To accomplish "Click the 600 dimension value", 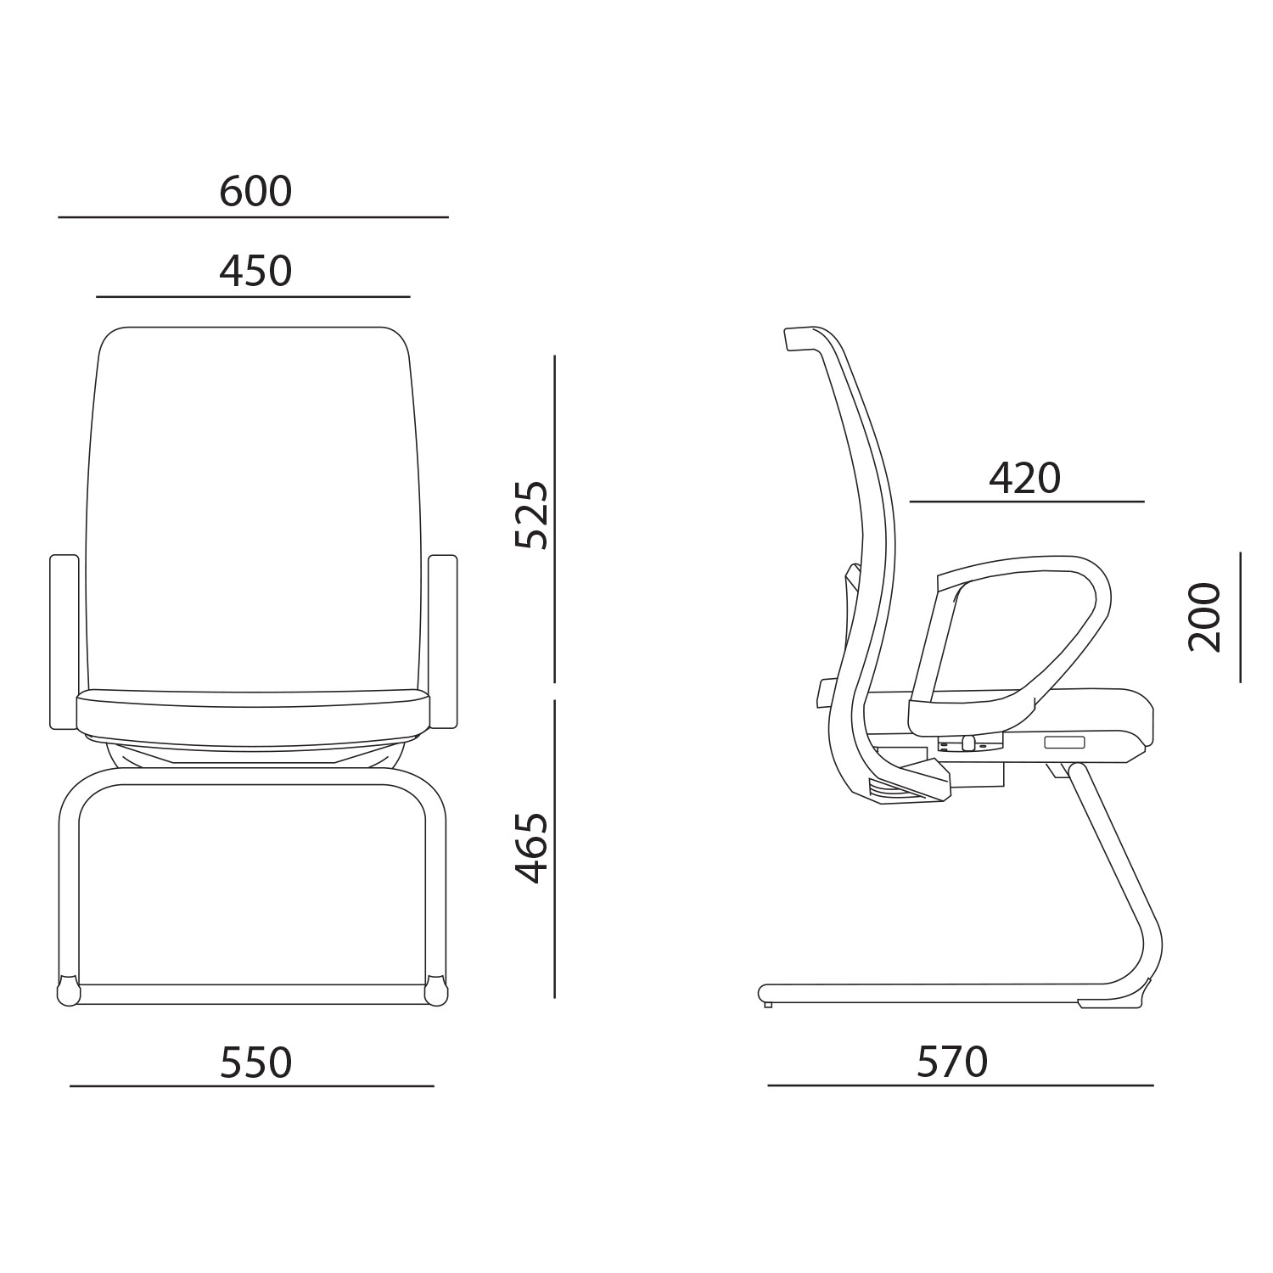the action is coord(255,192).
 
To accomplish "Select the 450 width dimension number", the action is coord(255,272).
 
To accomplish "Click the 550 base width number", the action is coord(255,1063).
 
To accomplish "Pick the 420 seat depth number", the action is coord(1024,479).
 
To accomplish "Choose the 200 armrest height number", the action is coord(1205,617).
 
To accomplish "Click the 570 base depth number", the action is coord(952,1062).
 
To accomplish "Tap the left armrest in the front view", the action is coord(64,642).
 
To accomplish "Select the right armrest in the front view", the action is coord(443,642).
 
